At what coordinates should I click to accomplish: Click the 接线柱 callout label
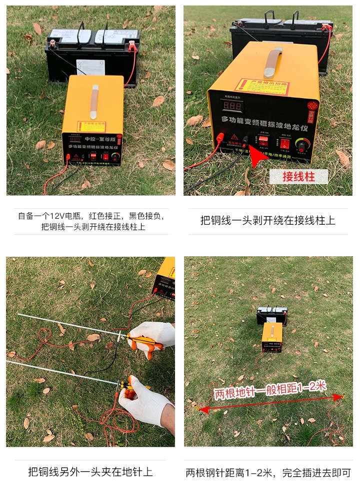tap(298, 177)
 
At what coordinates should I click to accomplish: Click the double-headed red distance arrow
tap(270, 402)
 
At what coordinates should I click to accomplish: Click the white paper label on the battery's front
tap(90, 67)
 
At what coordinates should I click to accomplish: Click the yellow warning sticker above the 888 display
tap(262, 86)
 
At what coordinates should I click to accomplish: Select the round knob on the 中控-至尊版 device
tap(115, 157)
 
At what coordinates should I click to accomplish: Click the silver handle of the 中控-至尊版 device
tap(94, 95)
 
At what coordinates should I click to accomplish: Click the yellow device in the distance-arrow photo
tap(272, 336)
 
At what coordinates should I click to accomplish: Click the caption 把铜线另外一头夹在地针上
tap(90, 471)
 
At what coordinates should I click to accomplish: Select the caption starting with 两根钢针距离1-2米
tap(268, 472)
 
